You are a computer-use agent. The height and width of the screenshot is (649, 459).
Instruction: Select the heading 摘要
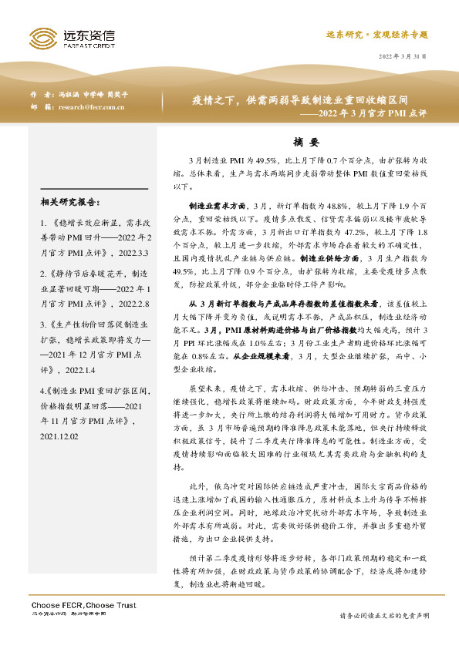(306, 142)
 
